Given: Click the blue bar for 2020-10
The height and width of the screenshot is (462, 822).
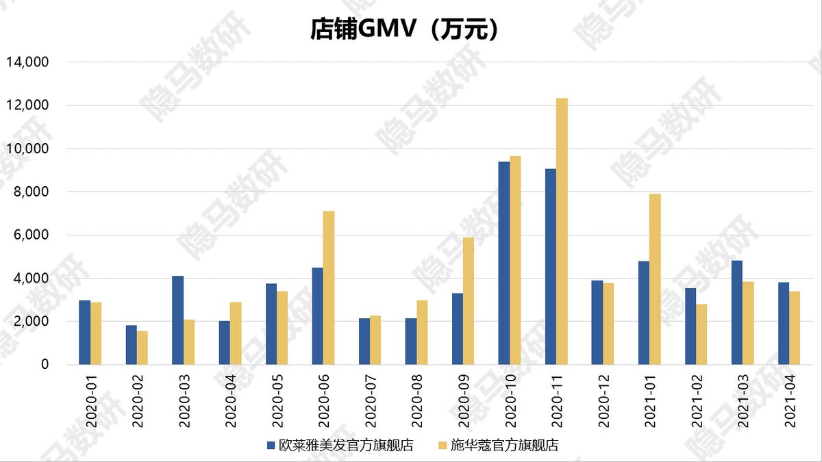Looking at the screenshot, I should (x=504, y=263).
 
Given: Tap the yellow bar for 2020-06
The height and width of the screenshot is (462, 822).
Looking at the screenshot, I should (x=329, y=287).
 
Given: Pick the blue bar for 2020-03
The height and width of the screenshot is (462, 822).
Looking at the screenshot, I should (x=177, y=320).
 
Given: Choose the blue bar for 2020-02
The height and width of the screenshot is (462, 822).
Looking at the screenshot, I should (x=131, y=345).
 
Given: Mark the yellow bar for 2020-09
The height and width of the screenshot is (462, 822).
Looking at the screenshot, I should (x=469, y=301).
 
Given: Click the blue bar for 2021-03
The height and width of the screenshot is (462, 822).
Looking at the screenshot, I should (x=737, y=313).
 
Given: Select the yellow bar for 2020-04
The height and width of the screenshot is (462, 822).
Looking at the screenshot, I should (x=236, y=333).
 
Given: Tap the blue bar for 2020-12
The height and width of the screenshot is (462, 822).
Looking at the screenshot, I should (x=597, y=322).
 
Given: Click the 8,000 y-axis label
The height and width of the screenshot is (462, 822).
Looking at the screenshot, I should (x=30, y=192).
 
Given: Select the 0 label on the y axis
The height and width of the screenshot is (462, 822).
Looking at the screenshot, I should (x=45, y=365).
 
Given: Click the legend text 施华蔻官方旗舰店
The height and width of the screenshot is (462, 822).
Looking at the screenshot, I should (x=504, y=446).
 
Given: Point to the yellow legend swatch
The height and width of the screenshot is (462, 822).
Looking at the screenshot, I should (x=443, y=446).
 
